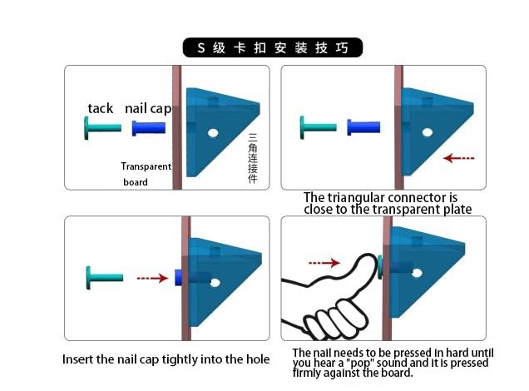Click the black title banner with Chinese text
273,47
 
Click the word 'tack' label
100,108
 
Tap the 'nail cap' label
148,109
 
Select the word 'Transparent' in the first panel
146,166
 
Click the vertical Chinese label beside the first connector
253,158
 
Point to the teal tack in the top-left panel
102,128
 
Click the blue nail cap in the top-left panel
149,128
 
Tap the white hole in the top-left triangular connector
213,133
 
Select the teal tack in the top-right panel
318,127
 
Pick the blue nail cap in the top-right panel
363,127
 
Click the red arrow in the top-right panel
459,158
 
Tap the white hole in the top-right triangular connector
428,132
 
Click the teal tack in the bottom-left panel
105,278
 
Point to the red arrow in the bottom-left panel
152,278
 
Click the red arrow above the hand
324,262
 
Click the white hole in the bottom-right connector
417,273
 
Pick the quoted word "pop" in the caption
361,364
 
